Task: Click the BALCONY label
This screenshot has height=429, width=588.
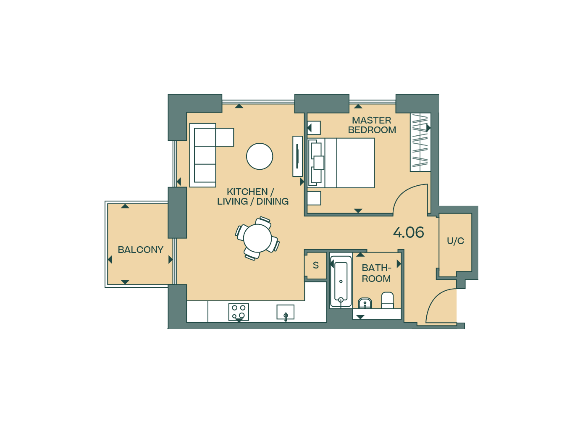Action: click(x=140, y=250)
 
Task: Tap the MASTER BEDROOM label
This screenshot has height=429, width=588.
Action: click(x=372, y=125)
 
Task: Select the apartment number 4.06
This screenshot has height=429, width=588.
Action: click(x=408, y=232)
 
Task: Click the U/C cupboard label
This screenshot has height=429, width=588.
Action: click(x=455, y=241)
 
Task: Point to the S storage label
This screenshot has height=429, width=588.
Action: click(x=316, y=266)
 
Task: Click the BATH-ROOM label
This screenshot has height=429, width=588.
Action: click(x=376, y=273)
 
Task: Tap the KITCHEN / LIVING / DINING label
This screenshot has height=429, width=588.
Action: click(x=253, y=197)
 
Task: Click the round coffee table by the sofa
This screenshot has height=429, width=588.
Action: click(x=260, y=156)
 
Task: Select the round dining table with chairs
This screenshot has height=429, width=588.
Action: click(x=257, y=238)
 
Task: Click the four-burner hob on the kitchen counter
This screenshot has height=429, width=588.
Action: click(x=239, y=312)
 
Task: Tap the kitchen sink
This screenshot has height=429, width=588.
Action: click(x=285, y=312)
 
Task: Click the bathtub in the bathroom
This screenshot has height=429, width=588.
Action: click(x=341, y=282)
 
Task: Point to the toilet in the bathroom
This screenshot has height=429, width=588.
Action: click(x=387, y=300)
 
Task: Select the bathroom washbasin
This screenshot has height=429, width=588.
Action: click(x=365, y=303)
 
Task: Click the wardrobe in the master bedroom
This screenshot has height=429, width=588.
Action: click(x=420, y=142)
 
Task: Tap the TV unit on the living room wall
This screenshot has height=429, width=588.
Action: click(x=297, y=156)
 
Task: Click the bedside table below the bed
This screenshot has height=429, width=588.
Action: click(x=314, y=198)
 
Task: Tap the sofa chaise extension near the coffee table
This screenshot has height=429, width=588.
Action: click(x=225, y=137)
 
